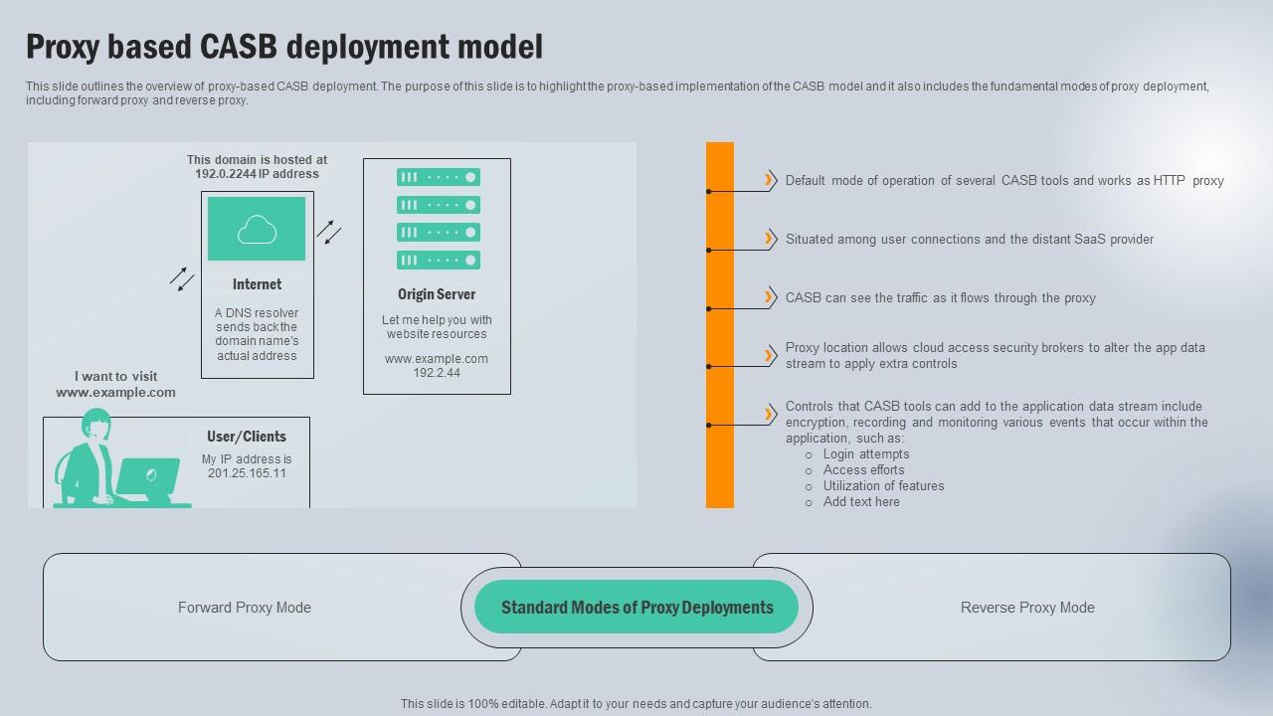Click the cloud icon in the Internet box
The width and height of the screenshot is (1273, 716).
257,230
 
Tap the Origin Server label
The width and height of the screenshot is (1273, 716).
437,294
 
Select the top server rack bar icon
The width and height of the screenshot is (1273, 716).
439,177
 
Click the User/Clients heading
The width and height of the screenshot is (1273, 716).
247,437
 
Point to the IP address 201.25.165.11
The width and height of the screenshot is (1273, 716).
247,473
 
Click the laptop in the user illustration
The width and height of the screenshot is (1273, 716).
148,478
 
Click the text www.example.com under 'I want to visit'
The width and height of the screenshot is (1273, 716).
115,393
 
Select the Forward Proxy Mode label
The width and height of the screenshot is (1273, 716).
245,608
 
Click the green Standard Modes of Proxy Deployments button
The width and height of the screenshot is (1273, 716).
636,608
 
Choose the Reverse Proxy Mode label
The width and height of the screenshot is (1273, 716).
1027,608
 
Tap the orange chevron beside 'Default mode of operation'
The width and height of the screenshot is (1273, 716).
770,180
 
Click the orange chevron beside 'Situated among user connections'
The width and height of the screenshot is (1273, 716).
770,238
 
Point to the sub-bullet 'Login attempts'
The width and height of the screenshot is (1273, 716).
865,454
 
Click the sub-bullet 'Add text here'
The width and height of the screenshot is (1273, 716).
861,502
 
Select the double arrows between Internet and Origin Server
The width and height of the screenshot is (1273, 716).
329,232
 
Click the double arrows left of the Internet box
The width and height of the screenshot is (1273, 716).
182,279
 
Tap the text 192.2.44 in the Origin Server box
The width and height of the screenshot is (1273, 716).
437,373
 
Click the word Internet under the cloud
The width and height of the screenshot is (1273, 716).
257,284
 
